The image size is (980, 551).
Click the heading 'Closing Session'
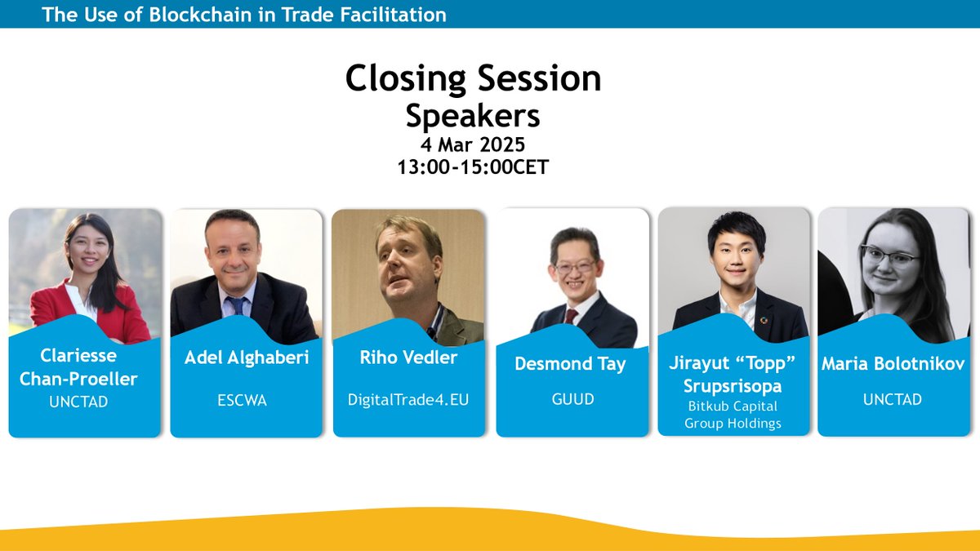pos(473,78)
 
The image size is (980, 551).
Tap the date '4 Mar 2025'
pos(473,146)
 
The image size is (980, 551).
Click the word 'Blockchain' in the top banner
pos(195,14)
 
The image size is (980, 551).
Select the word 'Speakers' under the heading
pos(473,116)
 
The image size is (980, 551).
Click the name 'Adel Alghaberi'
pos(246,358)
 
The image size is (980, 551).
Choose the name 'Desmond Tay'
pos(571,364)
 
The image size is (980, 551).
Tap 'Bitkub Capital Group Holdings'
pos(733,414)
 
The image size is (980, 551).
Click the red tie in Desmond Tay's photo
pos(572,316)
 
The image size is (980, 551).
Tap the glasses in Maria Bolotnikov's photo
pos(889,255)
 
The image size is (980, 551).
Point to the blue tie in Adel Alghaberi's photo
pos(238,305)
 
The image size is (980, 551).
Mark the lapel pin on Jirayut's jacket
pos(764,319)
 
